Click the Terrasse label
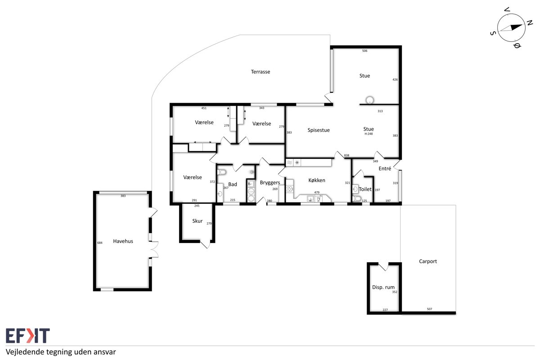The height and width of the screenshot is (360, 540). point(261,72)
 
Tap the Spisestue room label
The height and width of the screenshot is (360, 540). point(319,130)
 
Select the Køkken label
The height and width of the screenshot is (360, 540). point(317,180)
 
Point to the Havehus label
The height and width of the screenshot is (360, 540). point(123,241)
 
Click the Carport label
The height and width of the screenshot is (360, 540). point(428,261)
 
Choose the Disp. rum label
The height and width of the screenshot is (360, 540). point(383,287)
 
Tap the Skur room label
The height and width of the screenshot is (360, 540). point(198,221)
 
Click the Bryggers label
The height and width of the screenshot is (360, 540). point(270,183)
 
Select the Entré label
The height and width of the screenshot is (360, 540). point(385,169)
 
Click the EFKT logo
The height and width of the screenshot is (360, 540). point(28,335)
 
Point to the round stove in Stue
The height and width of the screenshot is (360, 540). point(369,100)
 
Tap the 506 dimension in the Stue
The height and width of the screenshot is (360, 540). point(365,51)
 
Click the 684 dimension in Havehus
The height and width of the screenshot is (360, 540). point(100,243)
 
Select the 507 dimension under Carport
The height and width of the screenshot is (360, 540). point(429,309)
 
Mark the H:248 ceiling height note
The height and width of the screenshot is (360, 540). point(369,134)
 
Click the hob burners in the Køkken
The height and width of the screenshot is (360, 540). point(289,189)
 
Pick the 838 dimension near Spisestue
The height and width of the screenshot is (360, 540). point(346,156)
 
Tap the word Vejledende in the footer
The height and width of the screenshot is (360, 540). point(25,352)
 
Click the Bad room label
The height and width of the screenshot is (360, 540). point(233,184)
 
